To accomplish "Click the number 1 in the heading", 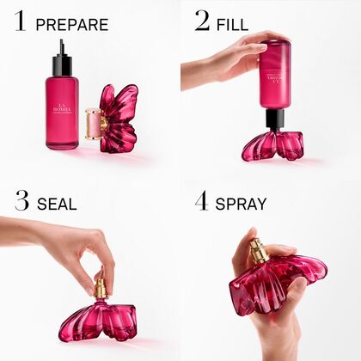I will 20,21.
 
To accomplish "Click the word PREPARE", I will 72,24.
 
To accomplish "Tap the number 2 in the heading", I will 202,21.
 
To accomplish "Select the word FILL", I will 234,24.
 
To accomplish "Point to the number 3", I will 21,202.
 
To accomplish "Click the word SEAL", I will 57,205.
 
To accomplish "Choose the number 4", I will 202,202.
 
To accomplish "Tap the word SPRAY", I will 242,205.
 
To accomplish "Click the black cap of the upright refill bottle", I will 61,62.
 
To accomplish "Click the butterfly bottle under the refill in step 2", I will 272,145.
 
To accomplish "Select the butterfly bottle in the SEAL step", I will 99,320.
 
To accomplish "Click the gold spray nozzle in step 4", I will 259,251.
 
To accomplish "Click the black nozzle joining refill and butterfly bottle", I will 274,119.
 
